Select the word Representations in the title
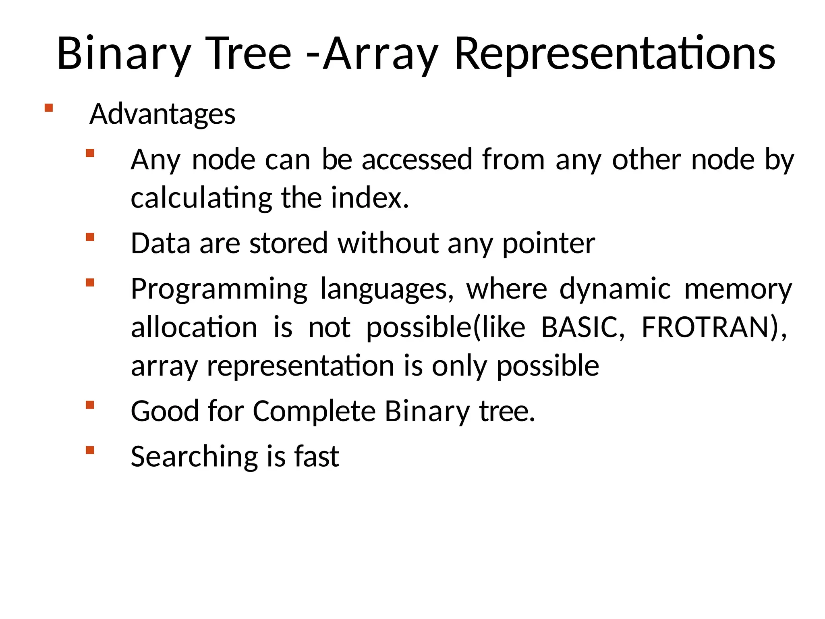(615, 54)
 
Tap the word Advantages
(162, 114)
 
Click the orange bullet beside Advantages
(49, 108)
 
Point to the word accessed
(417, 160)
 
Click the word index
(370, 198)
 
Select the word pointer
(548, 244)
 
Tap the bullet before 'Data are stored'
(90, 237)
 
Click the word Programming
(219, 289)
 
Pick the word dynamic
(615, 289)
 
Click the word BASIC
(582, 327)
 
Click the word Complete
(314, 411)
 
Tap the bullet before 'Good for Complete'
(90, 405)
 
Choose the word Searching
(194, 457)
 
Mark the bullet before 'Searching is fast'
(90, 450)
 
